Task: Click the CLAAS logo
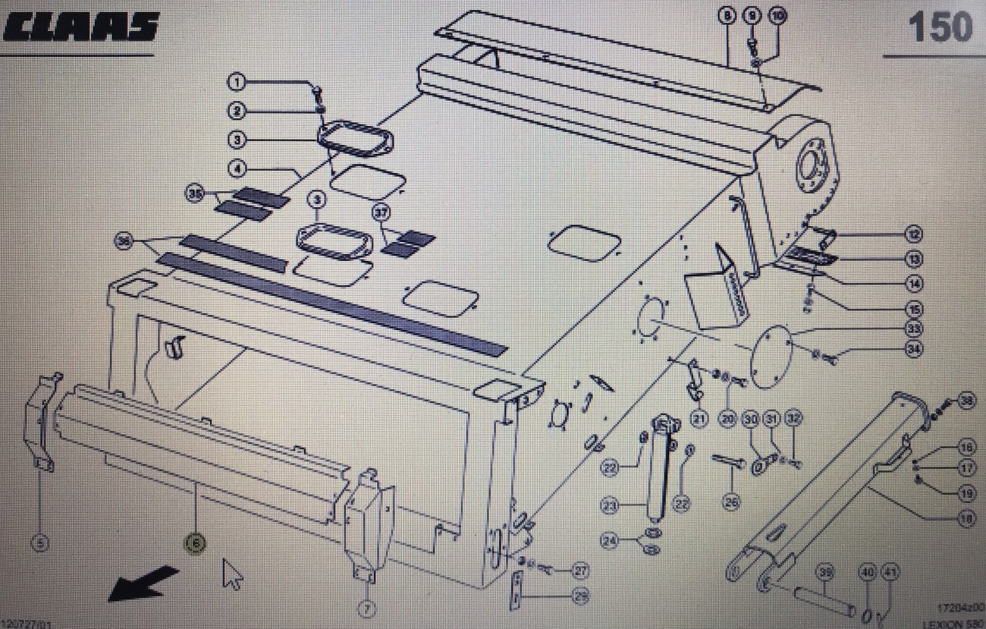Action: click(80, 28)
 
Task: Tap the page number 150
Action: click(940, 28)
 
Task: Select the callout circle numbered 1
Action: click(236, 81)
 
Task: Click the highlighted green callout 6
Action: click(196, 542)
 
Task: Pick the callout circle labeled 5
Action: click(40, 542)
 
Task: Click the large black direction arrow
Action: click(142, 583)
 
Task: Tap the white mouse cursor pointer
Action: click(232, 574)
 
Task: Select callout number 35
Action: click(196, 195)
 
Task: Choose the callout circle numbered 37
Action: click(380, 214)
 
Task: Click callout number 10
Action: click(777, 15)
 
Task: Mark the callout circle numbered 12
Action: click(914, 234)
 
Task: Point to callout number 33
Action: click(914, 329)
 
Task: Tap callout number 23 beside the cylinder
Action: click(610, 504)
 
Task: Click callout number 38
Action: click(966, 401)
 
